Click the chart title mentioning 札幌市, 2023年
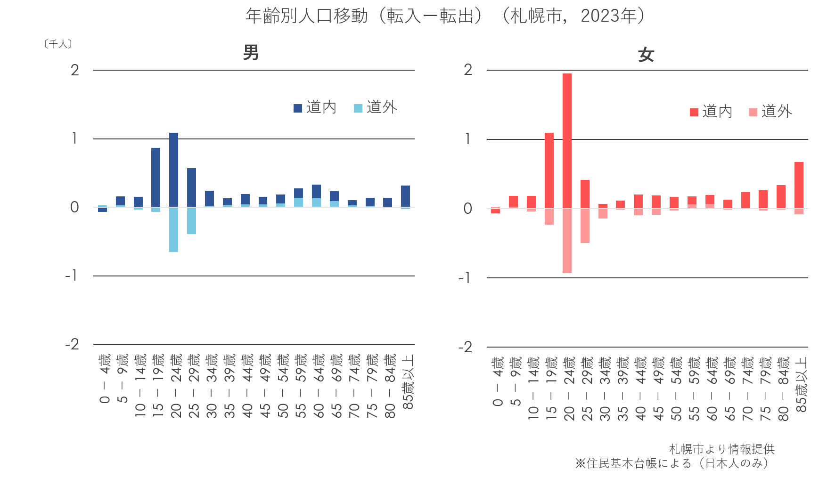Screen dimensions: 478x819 (x=451, y=16)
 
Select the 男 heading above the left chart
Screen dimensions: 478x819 (x=251, y=52)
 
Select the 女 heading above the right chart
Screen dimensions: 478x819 (x=646, y=55)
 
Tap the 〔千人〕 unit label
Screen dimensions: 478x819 (x=58, y=44)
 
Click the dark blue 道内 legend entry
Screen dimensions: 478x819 (x=315, y=107)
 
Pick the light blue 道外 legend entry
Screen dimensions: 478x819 (x=376, y=107)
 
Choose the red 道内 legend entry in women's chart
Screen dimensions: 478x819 (x=711, y=112)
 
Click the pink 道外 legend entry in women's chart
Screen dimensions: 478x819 (x=770, y=112)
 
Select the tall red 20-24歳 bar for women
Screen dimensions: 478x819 (x=567, y=141)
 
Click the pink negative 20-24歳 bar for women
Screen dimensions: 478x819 (x=567, y=241)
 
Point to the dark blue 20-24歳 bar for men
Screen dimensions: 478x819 (x=173, y=170)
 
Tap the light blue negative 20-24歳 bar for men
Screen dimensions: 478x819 (x=173, y=230)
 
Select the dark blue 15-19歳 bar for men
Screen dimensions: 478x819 (x=156, y=178)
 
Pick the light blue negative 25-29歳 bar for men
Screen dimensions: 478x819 (x=191, y=221)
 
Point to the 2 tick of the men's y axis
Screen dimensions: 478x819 (x=74, y=70)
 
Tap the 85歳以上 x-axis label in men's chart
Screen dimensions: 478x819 (x=408, y=381)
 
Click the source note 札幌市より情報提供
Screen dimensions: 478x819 (x=721, y=449)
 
